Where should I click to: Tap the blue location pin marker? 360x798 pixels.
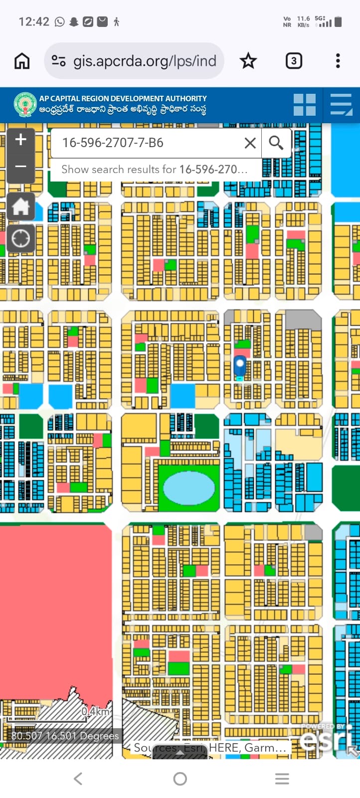click(240, 366)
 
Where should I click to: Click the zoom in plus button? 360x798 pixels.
click(21, 140)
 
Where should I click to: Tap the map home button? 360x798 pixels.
click(21, 206)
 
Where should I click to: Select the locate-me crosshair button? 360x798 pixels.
click(21, 238)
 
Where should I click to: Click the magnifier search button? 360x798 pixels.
click(276, 143)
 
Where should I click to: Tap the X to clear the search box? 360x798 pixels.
click(250, 143)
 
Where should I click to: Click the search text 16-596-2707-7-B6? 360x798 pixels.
click(113, 143)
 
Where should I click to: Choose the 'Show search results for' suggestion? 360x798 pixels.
click(155, 170)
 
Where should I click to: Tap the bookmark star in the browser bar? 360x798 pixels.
click(248, 61)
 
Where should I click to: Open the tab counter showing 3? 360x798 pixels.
click(294, 61)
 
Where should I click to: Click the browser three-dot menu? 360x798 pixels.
click(338, 61)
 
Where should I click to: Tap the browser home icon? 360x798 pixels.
click(22, 61)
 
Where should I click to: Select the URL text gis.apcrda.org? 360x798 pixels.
click(145, 61)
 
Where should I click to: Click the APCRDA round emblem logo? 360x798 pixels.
click(25, 105)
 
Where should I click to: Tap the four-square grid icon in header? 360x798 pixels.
click(304, 105)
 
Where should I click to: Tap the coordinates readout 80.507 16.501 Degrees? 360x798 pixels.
click(65, 736)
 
